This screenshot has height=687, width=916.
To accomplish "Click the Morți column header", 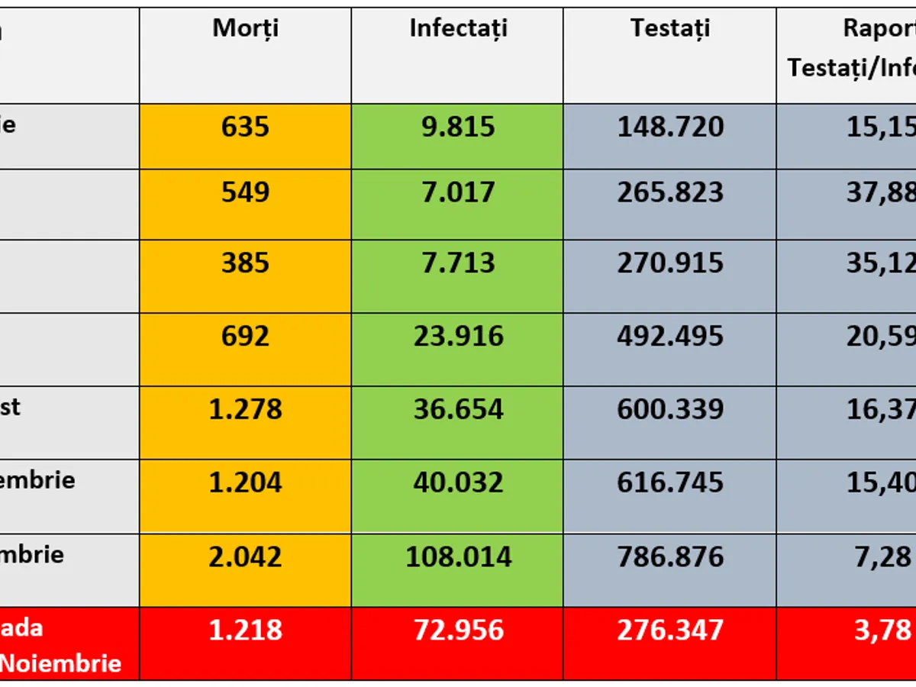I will click(x=245, y=28).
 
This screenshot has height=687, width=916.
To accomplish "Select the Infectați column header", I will click(x=458, y=28).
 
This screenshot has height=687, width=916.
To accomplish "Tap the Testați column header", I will click(x=670, y=28).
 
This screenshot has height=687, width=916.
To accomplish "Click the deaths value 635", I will click(x=245, y=127).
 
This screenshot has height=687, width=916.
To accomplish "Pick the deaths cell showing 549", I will click(x=245, y=192).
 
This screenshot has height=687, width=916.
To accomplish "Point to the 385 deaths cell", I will click(x=245, y=263).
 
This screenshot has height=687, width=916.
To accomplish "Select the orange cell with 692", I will click(x=245, y=336).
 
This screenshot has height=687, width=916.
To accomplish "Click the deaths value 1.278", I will click(x=245, y=409).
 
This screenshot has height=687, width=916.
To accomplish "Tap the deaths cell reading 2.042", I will click(x=245, y=556).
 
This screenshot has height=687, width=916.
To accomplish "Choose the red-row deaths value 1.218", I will click(x=245, y=631).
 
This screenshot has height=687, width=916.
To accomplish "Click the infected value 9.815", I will click(x=458, y=127).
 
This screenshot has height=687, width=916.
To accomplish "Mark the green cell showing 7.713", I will click(x=458, y=263).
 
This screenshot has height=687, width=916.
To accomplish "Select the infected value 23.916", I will click(x=458, y=336).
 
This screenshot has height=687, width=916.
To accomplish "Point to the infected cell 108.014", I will click(x=458, y=556).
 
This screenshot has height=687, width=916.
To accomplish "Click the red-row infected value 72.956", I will click(x=458, y=631).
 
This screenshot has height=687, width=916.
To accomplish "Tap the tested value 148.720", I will click(x=670, y=127).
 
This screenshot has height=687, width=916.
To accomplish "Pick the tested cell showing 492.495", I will click(x=670, y=336).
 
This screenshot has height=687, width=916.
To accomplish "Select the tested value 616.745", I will click(x=670, y=482).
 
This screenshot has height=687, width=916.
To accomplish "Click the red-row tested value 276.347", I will click(x=670, y=631).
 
